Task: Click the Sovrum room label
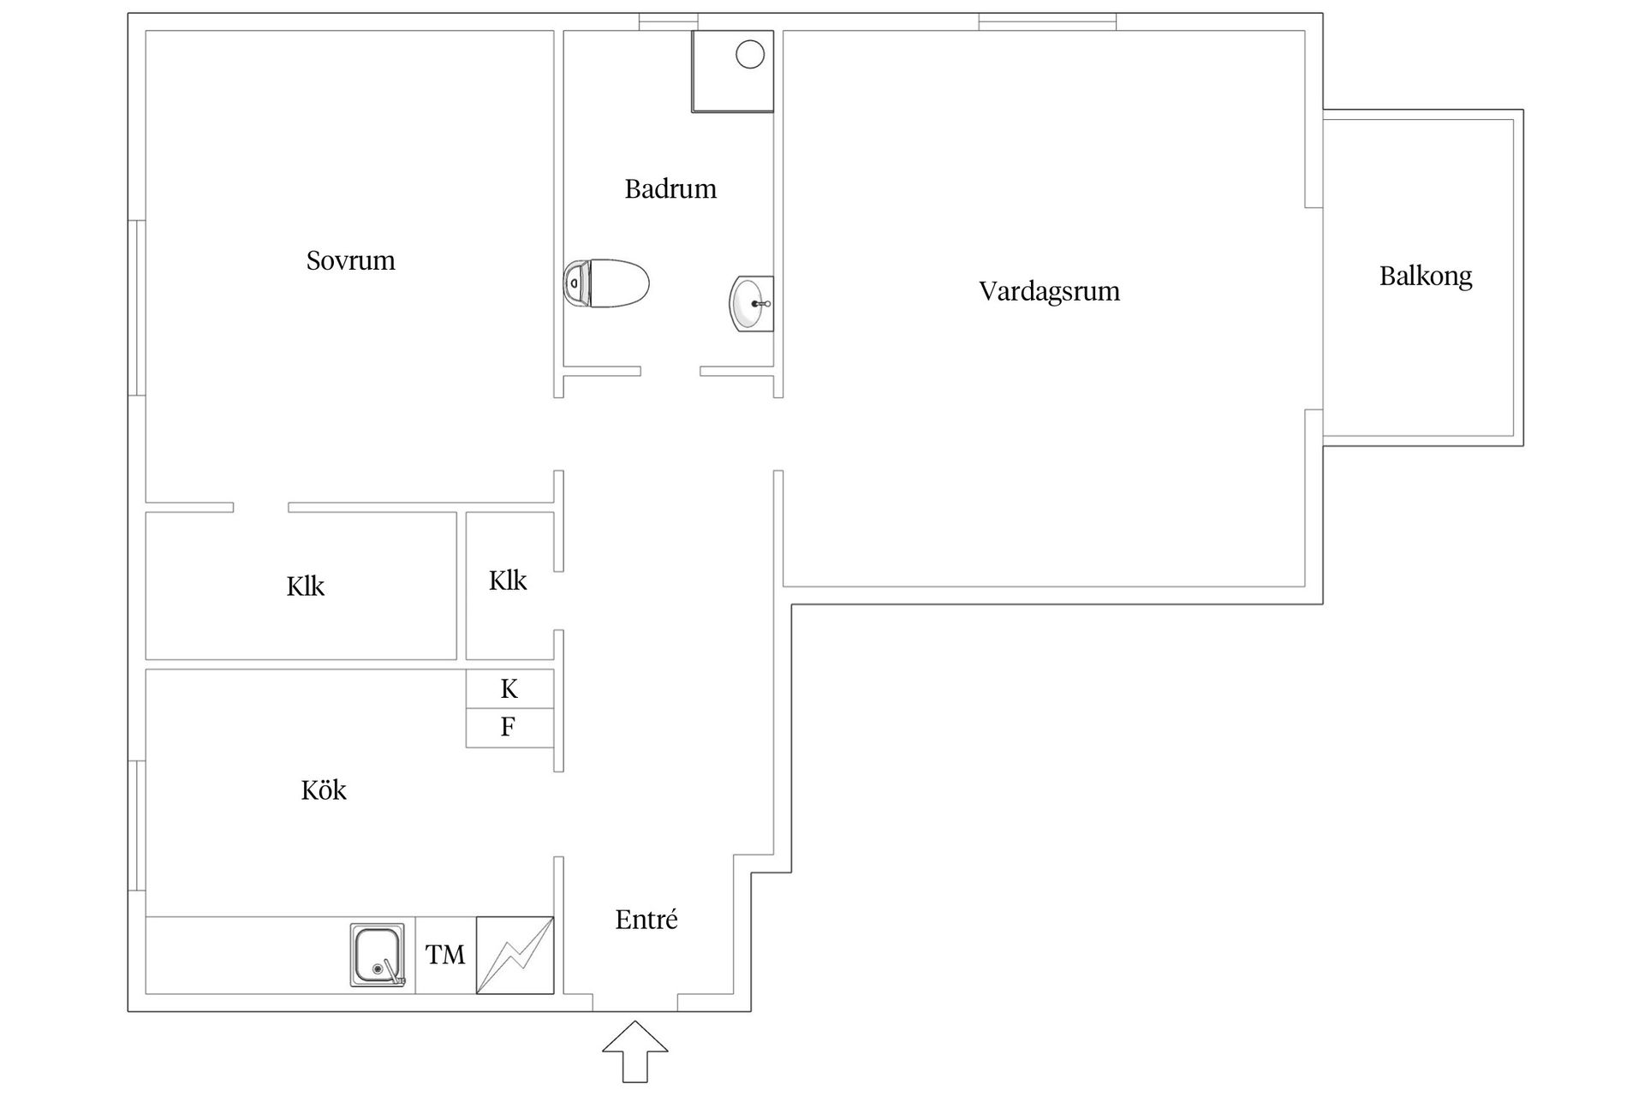351,260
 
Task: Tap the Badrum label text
670,188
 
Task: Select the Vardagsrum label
1049,291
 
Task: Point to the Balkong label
1426,276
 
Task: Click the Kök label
324,789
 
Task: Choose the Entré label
646,920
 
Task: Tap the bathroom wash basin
751,303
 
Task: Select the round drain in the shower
750,55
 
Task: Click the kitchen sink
377,955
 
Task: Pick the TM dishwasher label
445,955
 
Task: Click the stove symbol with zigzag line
515,955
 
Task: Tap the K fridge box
509,689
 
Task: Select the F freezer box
509,728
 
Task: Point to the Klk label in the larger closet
306,587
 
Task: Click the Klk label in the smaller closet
508,581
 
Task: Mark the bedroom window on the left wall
137,307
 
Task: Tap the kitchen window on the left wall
137,825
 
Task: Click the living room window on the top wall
1047,21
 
